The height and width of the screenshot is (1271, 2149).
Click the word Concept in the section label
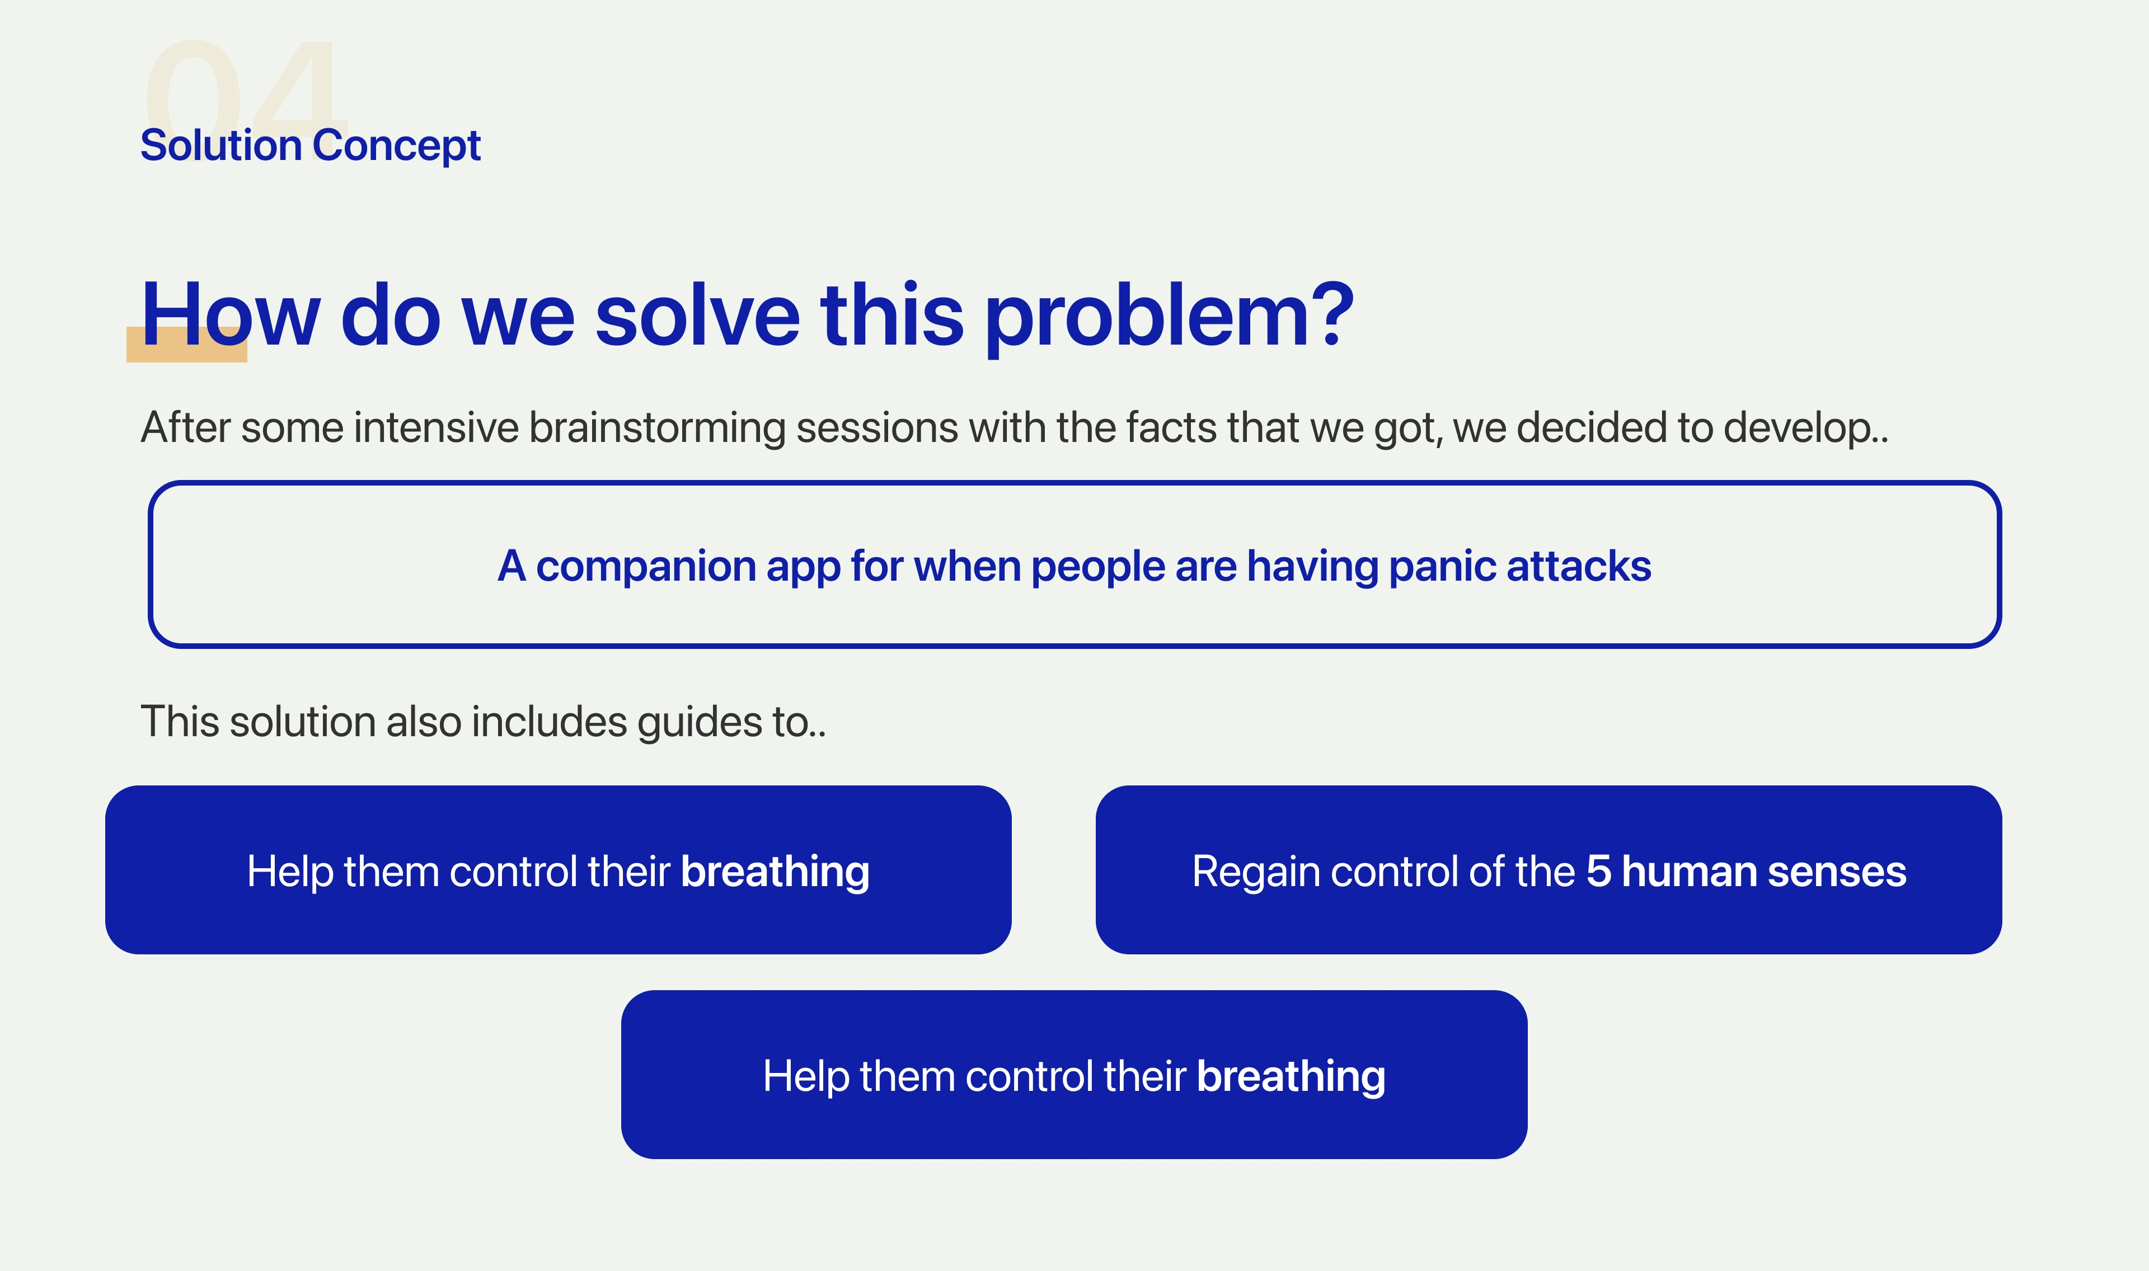point(397,145)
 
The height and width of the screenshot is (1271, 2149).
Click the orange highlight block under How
point(187,344)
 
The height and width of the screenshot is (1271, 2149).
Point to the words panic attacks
point(1519,566)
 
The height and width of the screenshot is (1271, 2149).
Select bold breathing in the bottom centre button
point(1291,1076)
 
